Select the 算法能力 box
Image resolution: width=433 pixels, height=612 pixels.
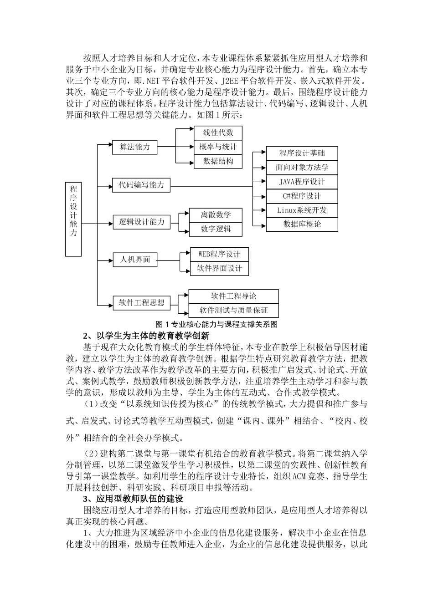click(134, 147)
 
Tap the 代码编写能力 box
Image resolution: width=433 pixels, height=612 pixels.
click(141, 185)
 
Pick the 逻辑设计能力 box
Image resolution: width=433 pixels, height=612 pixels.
click(141, 222)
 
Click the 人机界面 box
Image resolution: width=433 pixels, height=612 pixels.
click(135, 260)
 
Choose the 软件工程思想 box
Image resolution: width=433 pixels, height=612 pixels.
click(141, 303)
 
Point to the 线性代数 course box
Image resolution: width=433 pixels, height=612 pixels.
click(218, 133)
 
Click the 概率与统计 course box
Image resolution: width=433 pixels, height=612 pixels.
click(218, 147)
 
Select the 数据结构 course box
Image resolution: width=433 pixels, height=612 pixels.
click(218, 161)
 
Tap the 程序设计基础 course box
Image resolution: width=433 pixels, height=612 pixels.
click(302, 153)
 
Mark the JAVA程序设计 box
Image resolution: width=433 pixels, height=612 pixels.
click(302, 182)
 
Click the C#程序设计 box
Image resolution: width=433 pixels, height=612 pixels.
click(302, 196)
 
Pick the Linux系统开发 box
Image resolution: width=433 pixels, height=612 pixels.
click(302, 210)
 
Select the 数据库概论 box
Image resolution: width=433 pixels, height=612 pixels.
click(302, 224)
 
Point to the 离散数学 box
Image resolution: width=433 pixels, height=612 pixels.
click(216, 215)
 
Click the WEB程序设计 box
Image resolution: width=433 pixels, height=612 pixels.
click(219, 254)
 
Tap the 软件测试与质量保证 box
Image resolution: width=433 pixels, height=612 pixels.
click(233, 311)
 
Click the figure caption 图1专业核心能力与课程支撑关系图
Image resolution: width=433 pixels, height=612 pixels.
click(216, 325)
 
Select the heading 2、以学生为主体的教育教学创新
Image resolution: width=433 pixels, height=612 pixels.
click(146, 336)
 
